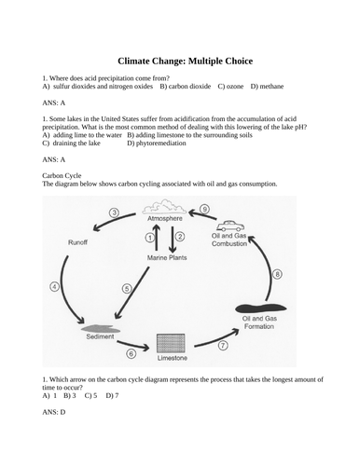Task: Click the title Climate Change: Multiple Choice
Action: click(x=180, y=58)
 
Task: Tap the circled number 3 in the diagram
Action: click(x=114, y=213)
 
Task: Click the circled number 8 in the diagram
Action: click(x=276, y=274)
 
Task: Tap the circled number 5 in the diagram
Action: click(x=128, y=290)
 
